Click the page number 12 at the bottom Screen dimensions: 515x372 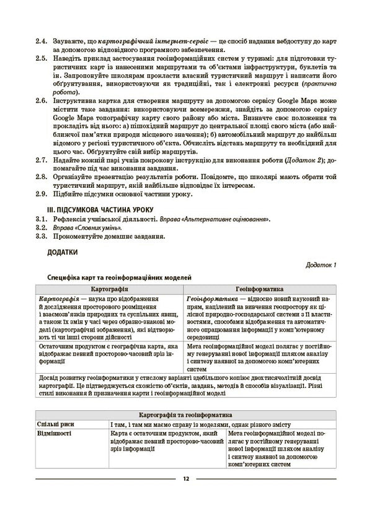point(185,478)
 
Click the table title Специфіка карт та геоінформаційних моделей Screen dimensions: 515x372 point(119,278)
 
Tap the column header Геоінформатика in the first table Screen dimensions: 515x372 point(260,289)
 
